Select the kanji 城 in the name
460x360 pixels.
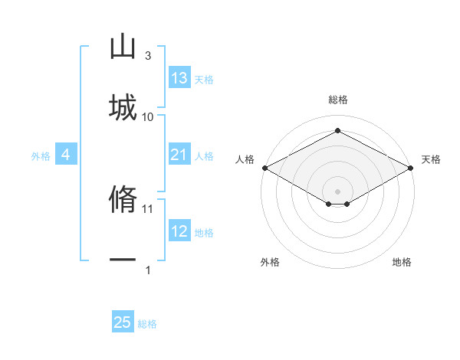123,107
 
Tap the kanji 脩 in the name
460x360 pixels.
123,198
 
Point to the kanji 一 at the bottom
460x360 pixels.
123,260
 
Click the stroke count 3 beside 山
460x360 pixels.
148,56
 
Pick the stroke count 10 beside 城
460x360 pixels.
147,117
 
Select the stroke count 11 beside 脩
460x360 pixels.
147,209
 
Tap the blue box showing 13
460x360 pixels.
179,77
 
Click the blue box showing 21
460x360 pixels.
179,154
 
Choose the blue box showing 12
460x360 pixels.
179,230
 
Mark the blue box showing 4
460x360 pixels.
66,154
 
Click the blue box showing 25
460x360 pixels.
123,321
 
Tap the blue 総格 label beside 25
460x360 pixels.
147,324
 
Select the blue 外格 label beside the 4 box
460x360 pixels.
41,156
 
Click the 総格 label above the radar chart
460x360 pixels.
338,100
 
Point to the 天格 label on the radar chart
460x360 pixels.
431,159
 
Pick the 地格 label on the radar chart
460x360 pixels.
402,262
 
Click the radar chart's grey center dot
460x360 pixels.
337,191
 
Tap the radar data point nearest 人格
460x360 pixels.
265,168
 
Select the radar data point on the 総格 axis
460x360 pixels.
337,130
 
